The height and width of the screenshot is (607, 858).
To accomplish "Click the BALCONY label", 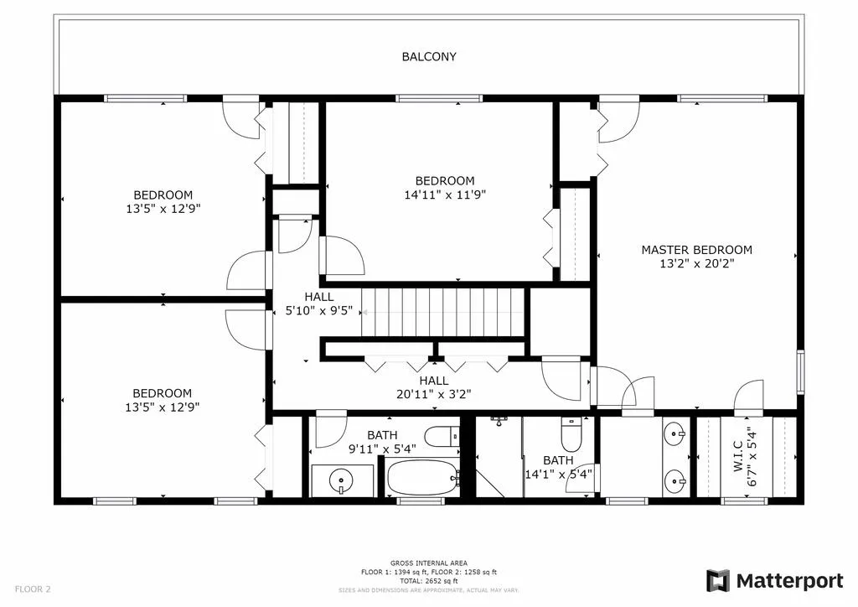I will [429, 57].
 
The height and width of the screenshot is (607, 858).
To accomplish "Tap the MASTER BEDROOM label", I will [696, 250].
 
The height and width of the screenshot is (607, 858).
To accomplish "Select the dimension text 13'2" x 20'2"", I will [696, 263].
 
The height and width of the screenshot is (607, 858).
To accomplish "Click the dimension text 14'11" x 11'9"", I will [445, 195].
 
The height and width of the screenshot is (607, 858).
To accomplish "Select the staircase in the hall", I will [443, 312].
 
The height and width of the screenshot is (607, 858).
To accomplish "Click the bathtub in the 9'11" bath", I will [422, 479].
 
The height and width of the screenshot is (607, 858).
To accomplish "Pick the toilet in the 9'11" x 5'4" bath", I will [439, 437].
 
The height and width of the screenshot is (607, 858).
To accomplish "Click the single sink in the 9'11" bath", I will [340, 481].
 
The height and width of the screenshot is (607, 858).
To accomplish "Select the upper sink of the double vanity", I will [675, 434].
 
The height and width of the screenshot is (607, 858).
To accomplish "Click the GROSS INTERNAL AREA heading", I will [429, 563].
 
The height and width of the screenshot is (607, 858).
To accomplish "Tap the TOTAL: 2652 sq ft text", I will [429, 580].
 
